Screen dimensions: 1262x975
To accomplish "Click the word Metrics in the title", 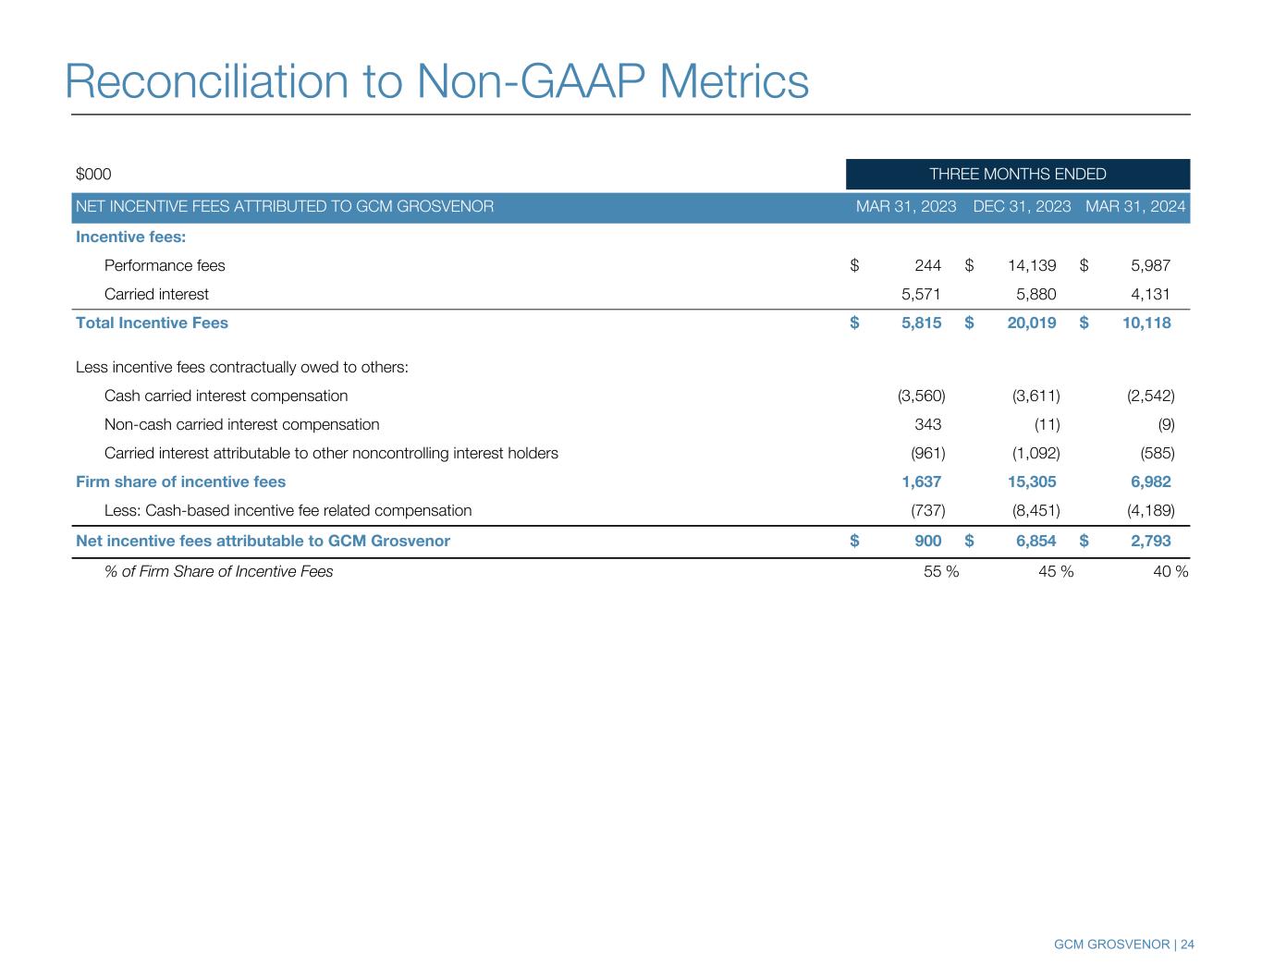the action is click(x=733, y=81).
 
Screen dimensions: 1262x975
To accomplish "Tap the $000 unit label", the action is click(x=93, y=174).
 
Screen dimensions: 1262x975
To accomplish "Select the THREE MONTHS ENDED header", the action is click(x=1018, y=174).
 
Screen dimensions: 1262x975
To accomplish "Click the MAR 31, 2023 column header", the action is click(x=906, y=207).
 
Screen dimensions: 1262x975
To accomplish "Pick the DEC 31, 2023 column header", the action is click(x=1022, y=207).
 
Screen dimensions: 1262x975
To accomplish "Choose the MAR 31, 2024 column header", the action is click(x=1135, y=207).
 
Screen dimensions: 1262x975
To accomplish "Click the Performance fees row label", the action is click(x=165, y=266).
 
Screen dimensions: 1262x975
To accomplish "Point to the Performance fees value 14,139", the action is click(x=1032, y=266).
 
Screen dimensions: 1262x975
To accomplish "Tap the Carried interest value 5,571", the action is click(x=921, y=294).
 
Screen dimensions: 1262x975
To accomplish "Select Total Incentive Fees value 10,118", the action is click(x=1146, y=323).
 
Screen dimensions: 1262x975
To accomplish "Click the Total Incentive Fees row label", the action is click(x=152, y=323).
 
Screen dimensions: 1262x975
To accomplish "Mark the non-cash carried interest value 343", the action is click(x=928, y=424).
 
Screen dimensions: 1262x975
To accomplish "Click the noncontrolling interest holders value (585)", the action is click(x=1158, y=453).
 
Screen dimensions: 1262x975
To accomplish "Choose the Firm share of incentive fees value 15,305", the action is click(x=1032, y=481).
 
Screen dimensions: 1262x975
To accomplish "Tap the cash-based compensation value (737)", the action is click(x=928, y=511).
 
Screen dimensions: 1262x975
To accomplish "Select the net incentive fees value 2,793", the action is click(x=1150, y=541).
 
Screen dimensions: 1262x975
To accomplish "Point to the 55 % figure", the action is click(x=941, y=572).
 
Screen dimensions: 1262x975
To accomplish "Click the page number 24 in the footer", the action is click(x=1187, y=945).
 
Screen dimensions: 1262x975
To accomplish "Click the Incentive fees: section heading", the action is click(x=130, y=237).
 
